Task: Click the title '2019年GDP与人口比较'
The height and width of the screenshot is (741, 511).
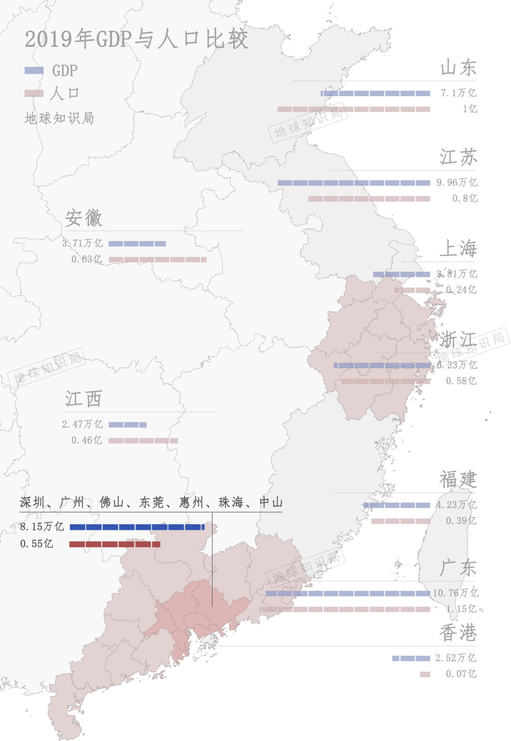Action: click(x=136, y=39)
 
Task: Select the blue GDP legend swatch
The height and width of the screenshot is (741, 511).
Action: click(x=34, y=71)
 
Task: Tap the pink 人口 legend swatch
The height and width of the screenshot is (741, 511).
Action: click(x=34, y=93)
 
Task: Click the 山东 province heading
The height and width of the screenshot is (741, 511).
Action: click(x=458, y=68)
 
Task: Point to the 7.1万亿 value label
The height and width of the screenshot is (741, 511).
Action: click(x=458, y=93)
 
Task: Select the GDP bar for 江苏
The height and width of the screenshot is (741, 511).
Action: click(x=354, y=183)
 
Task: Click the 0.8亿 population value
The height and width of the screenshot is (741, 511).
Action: click(x=465, y=198)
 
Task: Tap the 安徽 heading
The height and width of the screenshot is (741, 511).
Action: click(x=84, y=218)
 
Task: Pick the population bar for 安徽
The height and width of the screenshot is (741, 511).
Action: click(x=158, y=259)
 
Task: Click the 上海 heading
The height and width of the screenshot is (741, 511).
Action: click(x=458, y=249)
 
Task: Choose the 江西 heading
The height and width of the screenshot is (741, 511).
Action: click(x=83, y=399)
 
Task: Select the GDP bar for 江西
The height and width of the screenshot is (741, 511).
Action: click(x=127, y=425)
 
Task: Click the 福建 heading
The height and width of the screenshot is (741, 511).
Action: click(x=458, y=480)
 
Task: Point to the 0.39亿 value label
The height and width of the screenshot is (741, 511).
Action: click(x=461, y=521)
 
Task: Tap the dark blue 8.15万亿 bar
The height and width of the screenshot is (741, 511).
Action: click(x=137, y=527)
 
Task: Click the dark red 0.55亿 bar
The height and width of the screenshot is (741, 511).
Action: click(x=115, y=544)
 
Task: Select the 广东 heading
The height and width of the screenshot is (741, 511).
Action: click(x=458, y=568)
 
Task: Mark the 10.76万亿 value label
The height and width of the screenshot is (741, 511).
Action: click(x=455, y=593)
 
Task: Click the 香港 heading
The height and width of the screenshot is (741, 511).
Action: click(x=458, y=633)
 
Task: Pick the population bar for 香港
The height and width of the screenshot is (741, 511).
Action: click(x=425, y=674)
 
